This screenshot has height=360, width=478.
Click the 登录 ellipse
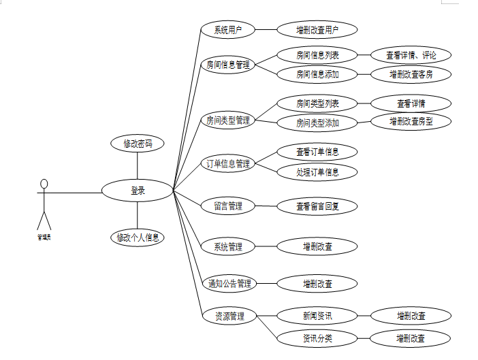[138, 191]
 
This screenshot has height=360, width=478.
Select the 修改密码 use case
[138, 144]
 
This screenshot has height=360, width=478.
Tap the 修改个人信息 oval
[138, 238]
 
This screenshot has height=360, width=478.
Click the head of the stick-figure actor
[44, 183]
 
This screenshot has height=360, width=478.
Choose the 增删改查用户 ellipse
[317, 30]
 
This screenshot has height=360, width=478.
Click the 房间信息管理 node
[228, 65]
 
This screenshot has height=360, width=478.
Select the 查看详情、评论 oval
[411, 56]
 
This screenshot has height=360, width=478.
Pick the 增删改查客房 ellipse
[411, 74]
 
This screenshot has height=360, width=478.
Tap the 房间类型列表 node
[317, 104]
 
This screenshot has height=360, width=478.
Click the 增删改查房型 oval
[411, 122]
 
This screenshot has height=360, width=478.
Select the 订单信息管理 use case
[228, 163]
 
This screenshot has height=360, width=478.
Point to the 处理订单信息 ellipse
[317, 171]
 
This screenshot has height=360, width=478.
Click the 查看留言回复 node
[317, 206]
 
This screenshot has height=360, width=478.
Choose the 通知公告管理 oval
[229, 283]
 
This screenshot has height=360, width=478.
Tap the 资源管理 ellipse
[229, 316]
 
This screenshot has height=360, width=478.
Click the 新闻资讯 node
[317, 316]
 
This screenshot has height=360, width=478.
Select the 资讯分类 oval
[317, 338]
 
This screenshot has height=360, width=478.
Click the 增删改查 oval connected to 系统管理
[317, 246]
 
